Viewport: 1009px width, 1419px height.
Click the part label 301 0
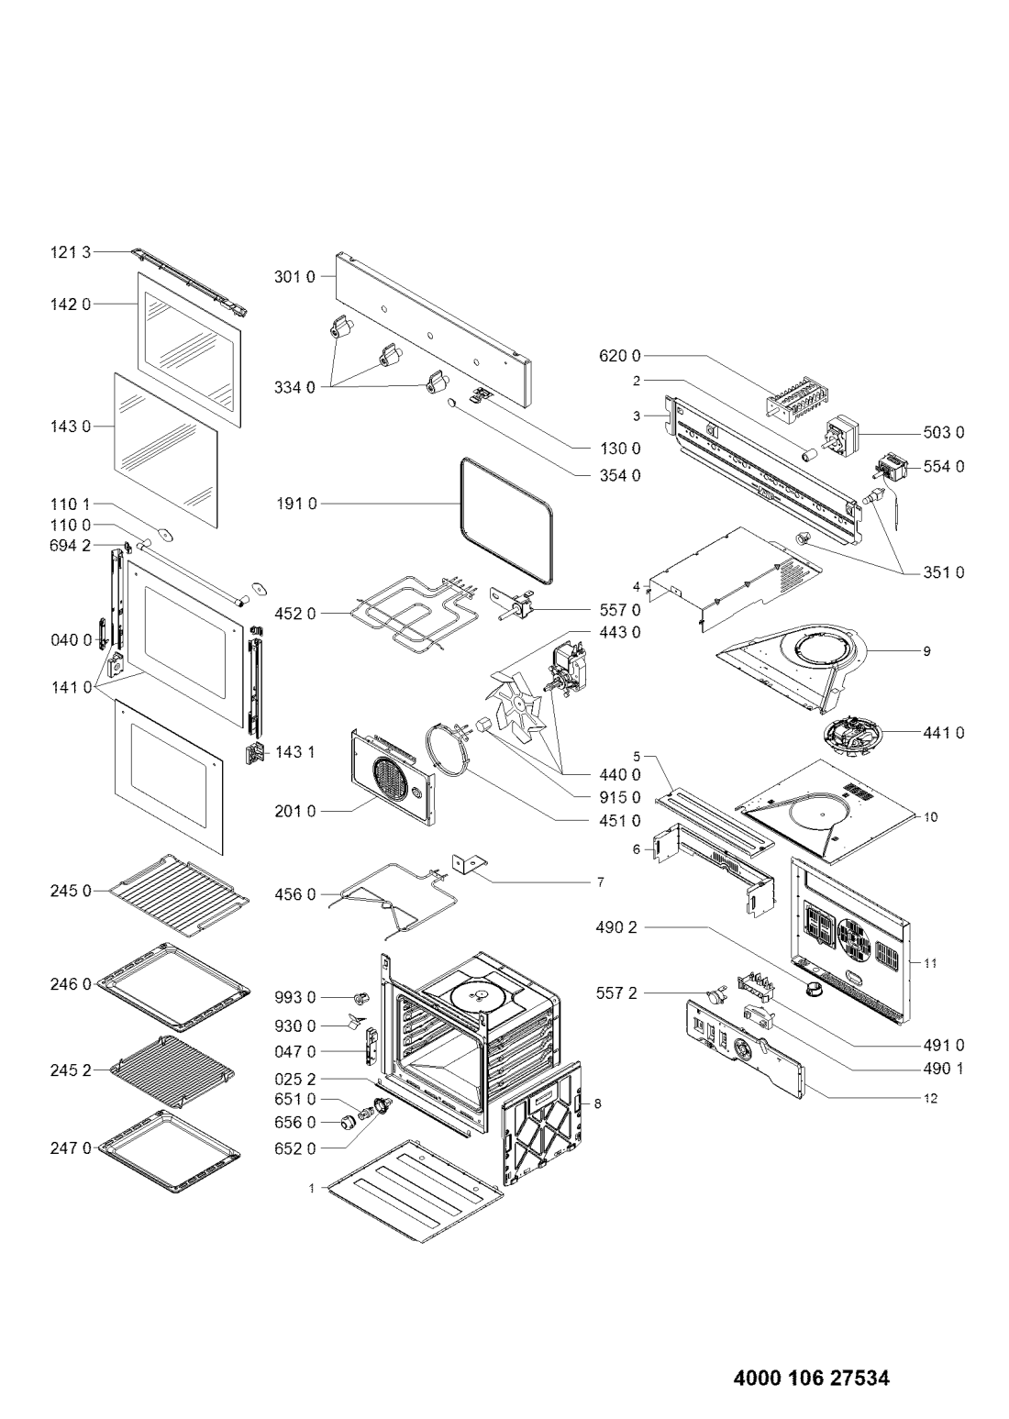(294, 277)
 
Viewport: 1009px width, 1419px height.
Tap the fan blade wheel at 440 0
(515, 704)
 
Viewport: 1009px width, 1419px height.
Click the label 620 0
(619, 356)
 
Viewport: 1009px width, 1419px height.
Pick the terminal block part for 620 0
(791, 396)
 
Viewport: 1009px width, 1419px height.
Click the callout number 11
(930, 963)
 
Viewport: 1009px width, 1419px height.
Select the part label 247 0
(71, 1147)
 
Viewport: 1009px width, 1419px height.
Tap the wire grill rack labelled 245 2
(172, 1072)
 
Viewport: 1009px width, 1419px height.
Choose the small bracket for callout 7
(469, 865)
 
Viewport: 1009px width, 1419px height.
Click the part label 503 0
(944, 433)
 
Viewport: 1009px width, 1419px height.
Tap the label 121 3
(71, 253)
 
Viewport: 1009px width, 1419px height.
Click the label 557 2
(616, 994)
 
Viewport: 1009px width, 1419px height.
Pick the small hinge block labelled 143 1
(254, 753)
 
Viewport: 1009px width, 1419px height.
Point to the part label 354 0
(619, 475)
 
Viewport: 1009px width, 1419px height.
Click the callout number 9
(926, 651)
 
